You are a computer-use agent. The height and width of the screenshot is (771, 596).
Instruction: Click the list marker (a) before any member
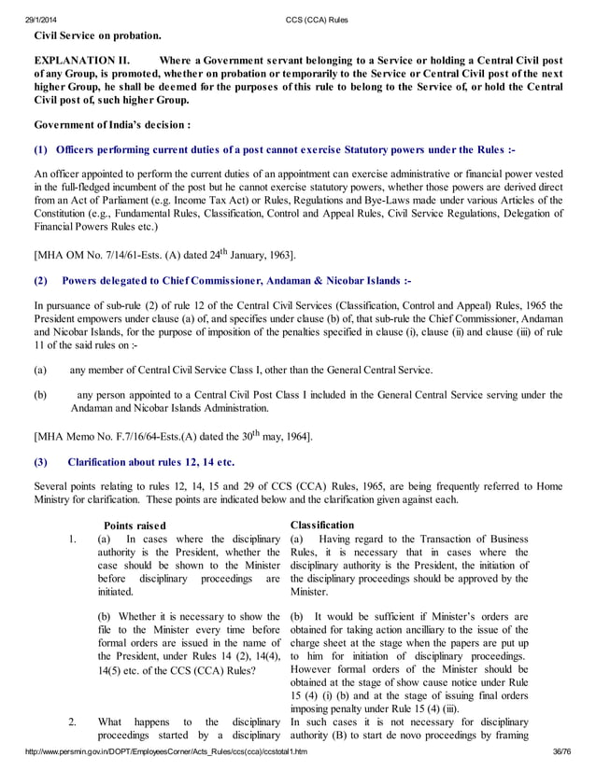(39, 371)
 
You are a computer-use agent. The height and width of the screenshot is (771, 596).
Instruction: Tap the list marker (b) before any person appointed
(39, 395)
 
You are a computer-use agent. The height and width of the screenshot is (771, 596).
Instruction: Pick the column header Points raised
(135, 526)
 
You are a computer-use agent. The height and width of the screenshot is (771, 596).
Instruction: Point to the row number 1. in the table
(72, 540)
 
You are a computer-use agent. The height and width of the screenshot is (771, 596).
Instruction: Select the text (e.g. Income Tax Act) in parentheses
(341, 200)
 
